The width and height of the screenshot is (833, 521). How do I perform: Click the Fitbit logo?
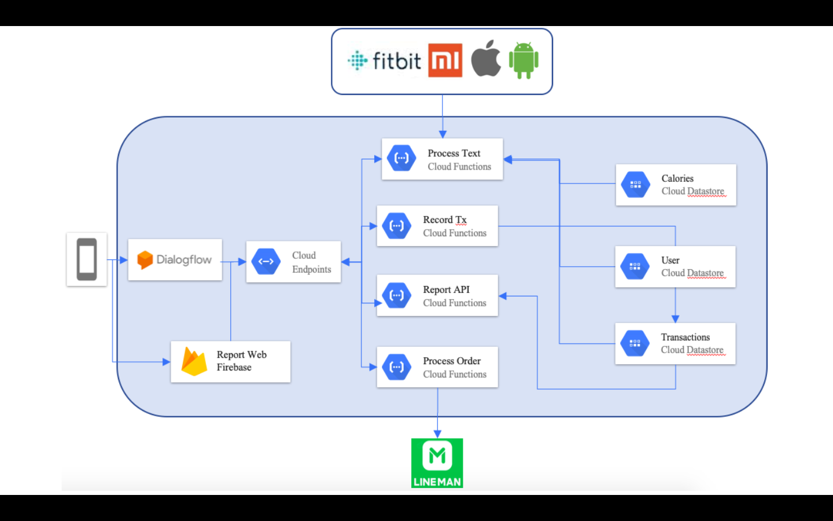pos(385,61)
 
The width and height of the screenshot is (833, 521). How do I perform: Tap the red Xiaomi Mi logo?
pos(445,60)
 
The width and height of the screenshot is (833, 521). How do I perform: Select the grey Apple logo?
pos(486,58)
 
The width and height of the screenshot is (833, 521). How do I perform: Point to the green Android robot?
pos(524,60)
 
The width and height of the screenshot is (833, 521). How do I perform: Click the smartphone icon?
pos(87,259)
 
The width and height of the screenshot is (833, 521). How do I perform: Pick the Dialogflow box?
pos(175,260)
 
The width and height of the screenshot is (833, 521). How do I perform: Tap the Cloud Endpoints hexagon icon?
pos(266,262)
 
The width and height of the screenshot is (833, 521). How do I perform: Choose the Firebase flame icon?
pos(194,362)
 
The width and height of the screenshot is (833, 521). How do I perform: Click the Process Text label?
pos(454,153)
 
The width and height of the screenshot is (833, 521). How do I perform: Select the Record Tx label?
pos(444,220)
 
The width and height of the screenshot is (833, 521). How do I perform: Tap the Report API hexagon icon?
pos(397,295)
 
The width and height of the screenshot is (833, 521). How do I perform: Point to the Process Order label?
pos(452,361)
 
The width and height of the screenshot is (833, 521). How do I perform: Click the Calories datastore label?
pos(677,178)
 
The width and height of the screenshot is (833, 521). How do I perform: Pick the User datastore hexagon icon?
pos(635,266)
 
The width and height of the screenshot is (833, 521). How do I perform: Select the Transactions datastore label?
pos(685,337)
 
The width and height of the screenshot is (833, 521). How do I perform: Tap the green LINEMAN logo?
pos(437,463)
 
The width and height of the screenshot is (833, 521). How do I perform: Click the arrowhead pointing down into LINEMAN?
pos(437,434)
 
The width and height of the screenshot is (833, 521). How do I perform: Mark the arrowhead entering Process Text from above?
pos(443,134)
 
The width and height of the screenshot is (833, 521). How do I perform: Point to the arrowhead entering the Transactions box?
pos(675,319)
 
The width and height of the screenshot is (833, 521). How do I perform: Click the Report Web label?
pos(241,355)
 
